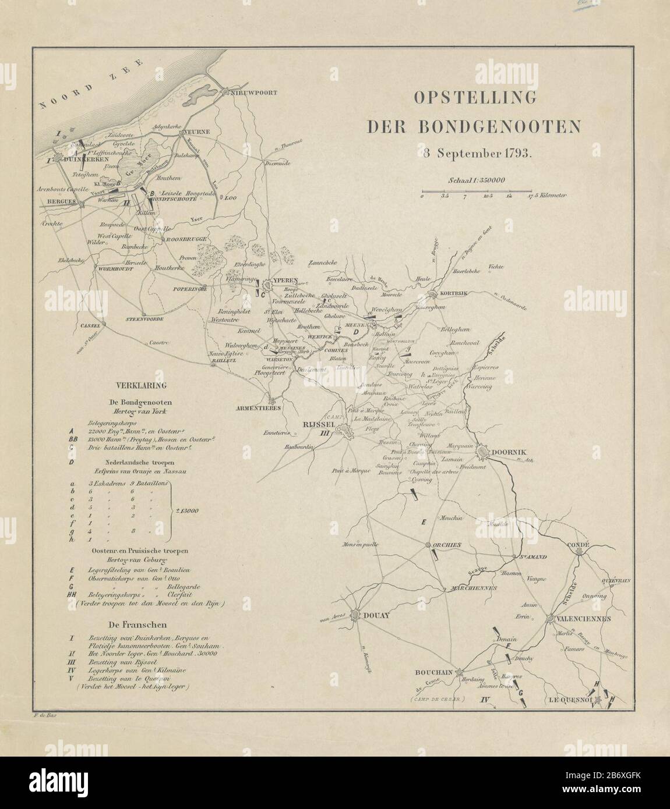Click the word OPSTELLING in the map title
coord(474,98)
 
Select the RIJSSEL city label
coord(316,424)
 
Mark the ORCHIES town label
coord(448,545)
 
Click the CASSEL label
coord(90,325)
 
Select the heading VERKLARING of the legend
coord(142,385)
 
